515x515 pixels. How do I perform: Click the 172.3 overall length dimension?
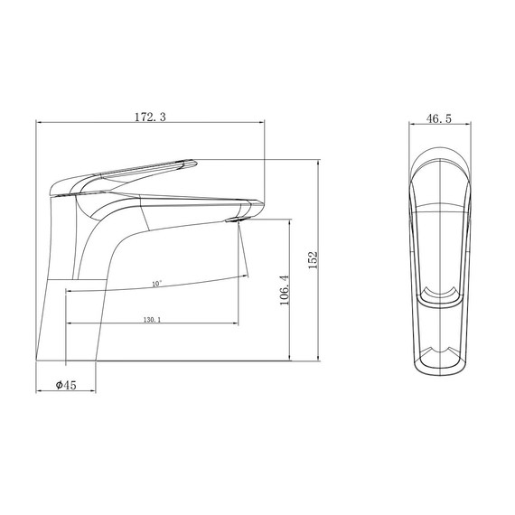click(x=150, y=117)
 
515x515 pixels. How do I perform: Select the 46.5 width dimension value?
click(x=439, y=118)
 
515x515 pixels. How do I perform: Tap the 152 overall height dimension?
click(x=313, y=260)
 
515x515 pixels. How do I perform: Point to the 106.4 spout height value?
click(x=285, y=290)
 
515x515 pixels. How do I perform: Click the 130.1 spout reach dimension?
click(x=152, y=320)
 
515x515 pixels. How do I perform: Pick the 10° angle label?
click(x=157, y=284)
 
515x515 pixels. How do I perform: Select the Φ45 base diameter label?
click(x=66, y=385)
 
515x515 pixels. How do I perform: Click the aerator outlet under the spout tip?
click(x=235, y=220)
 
